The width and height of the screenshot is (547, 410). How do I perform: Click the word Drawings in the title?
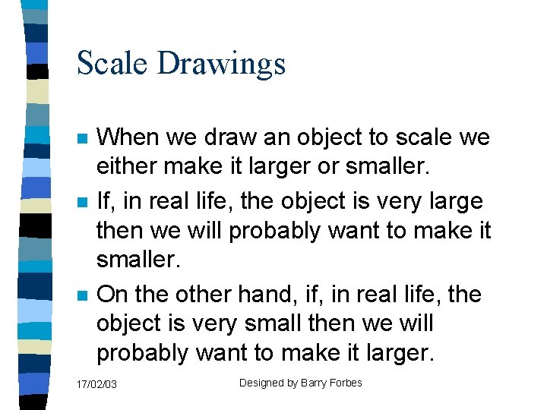coord(221,65)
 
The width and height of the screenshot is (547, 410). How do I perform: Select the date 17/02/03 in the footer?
coord(97,385)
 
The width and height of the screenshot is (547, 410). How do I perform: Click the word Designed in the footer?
coord(261,383)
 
